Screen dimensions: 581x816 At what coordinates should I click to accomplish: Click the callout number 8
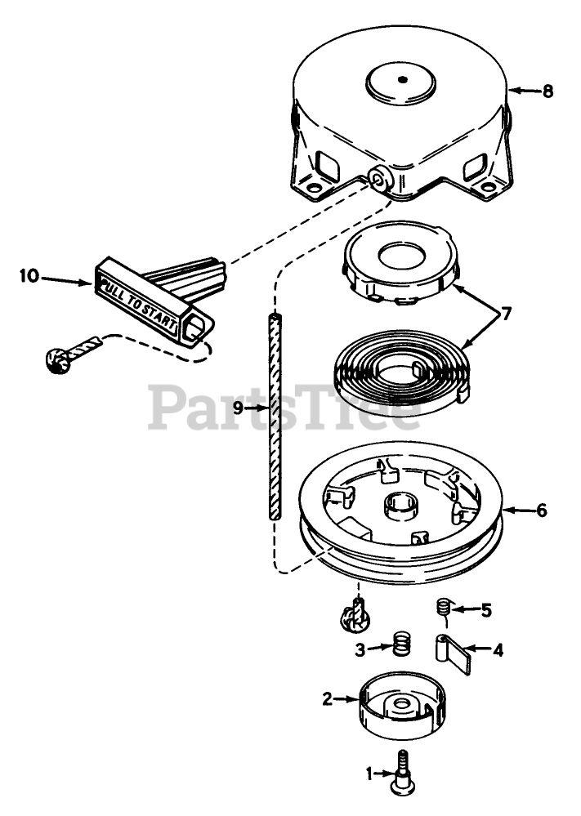click(x=547, y=91)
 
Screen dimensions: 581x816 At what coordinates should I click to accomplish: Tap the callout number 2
click(x=327, y=698)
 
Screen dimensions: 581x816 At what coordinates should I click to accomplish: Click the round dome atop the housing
click(x=401, y=81)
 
